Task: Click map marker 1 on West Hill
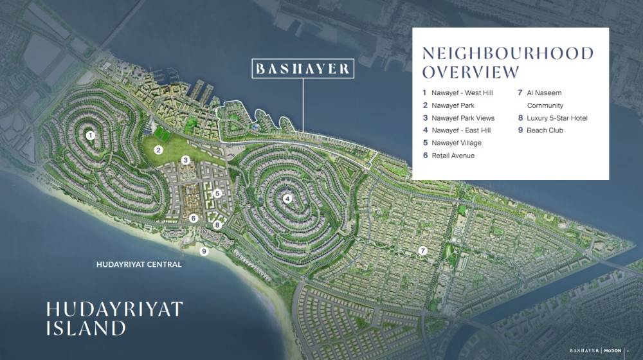click(91, 135)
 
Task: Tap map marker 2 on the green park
click(158, 150)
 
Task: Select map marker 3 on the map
click(185, 160)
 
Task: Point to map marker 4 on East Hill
click(287, 199)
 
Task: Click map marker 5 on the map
click(217, 193)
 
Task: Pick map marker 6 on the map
click(192, 218)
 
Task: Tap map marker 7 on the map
click(422, 250)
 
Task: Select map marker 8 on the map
click(217, 225)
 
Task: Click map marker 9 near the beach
click(204, 251)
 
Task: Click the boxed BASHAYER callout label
click(302, 69)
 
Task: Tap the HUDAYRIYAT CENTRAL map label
click(138, 265)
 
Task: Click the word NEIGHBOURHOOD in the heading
click(507, 53)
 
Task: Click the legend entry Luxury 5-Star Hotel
click(557, 118)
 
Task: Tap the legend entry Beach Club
click(545, 130)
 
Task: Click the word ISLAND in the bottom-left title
click(86, 328)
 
